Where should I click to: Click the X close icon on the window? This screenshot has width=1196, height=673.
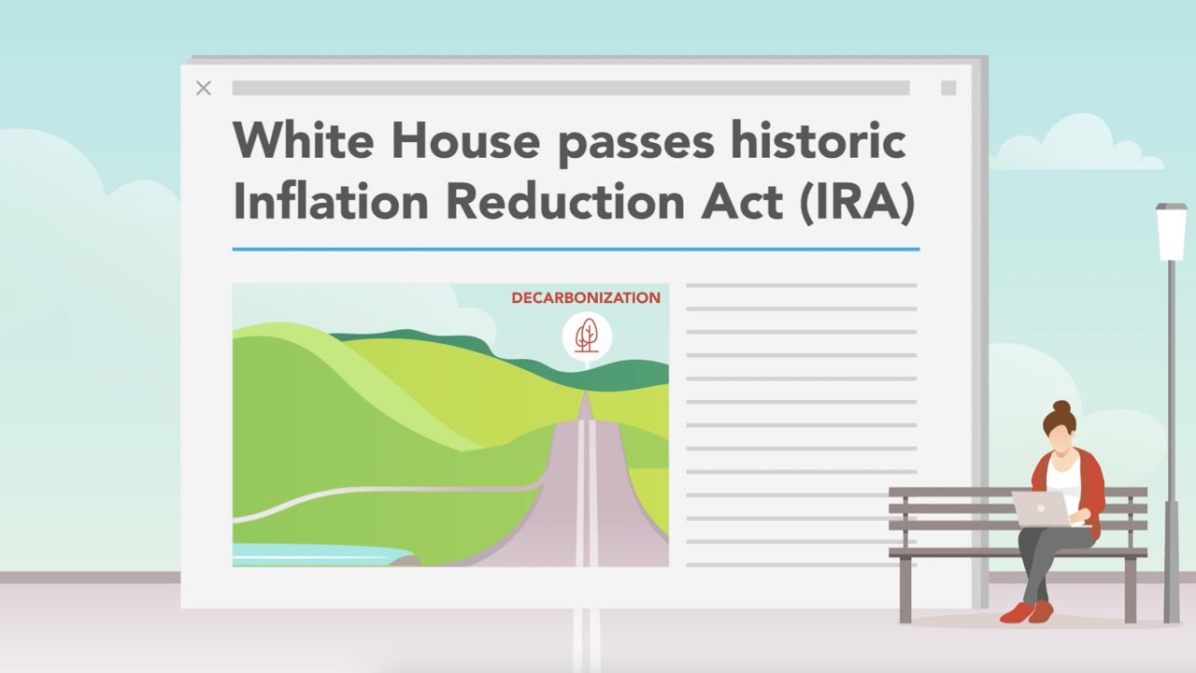(204, 88)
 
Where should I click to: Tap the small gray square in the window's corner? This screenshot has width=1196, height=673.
(948, 88)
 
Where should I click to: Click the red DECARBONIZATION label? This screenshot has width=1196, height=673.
(586, 298)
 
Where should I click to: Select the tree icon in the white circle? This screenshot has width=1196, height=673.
(587, 335)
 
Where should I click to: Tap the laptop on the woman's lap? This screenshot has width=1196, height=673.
(1041, 508)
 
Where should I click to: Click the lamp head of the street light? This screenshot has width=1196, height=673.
(1171, 232)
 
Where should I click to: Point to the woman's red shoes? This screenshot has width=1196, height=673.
(1026, 612)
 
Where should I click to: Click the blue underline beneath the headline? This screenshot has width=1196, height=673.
(576, 250)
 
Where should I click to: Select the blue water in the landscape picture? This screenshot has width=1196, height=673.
(308, 554)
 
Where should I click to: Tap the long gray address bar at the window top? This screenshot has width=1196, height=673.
(570, 88)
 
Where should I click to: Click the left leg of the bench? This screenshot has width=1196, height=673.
(904, 589)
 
